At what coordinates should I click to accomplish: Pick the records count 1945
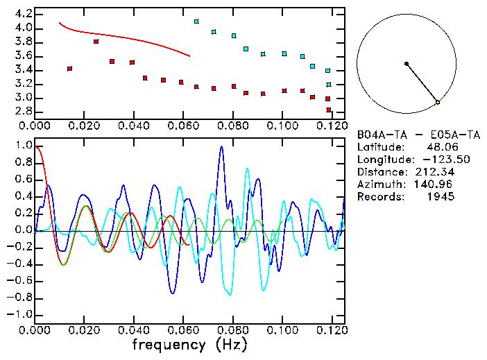[441, 197]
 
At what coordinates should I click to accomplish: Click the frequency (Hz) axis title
[189, 344]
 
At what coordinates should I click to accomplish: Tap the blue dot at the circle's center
[407, 64]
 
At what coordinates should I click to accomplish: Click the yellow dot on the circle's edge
[438, 102]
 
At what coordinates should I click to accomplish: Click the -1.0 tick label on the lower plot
[21, 314]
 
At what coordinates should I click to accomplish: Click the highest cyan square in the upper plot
[196, 22]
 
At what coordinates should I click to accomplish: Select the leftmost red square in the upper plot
[69, 69]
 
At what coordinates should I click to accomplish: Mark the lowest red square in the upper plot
[328, 110]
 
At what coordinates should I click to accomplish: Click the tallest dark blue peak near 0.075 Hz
[221, 147]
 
